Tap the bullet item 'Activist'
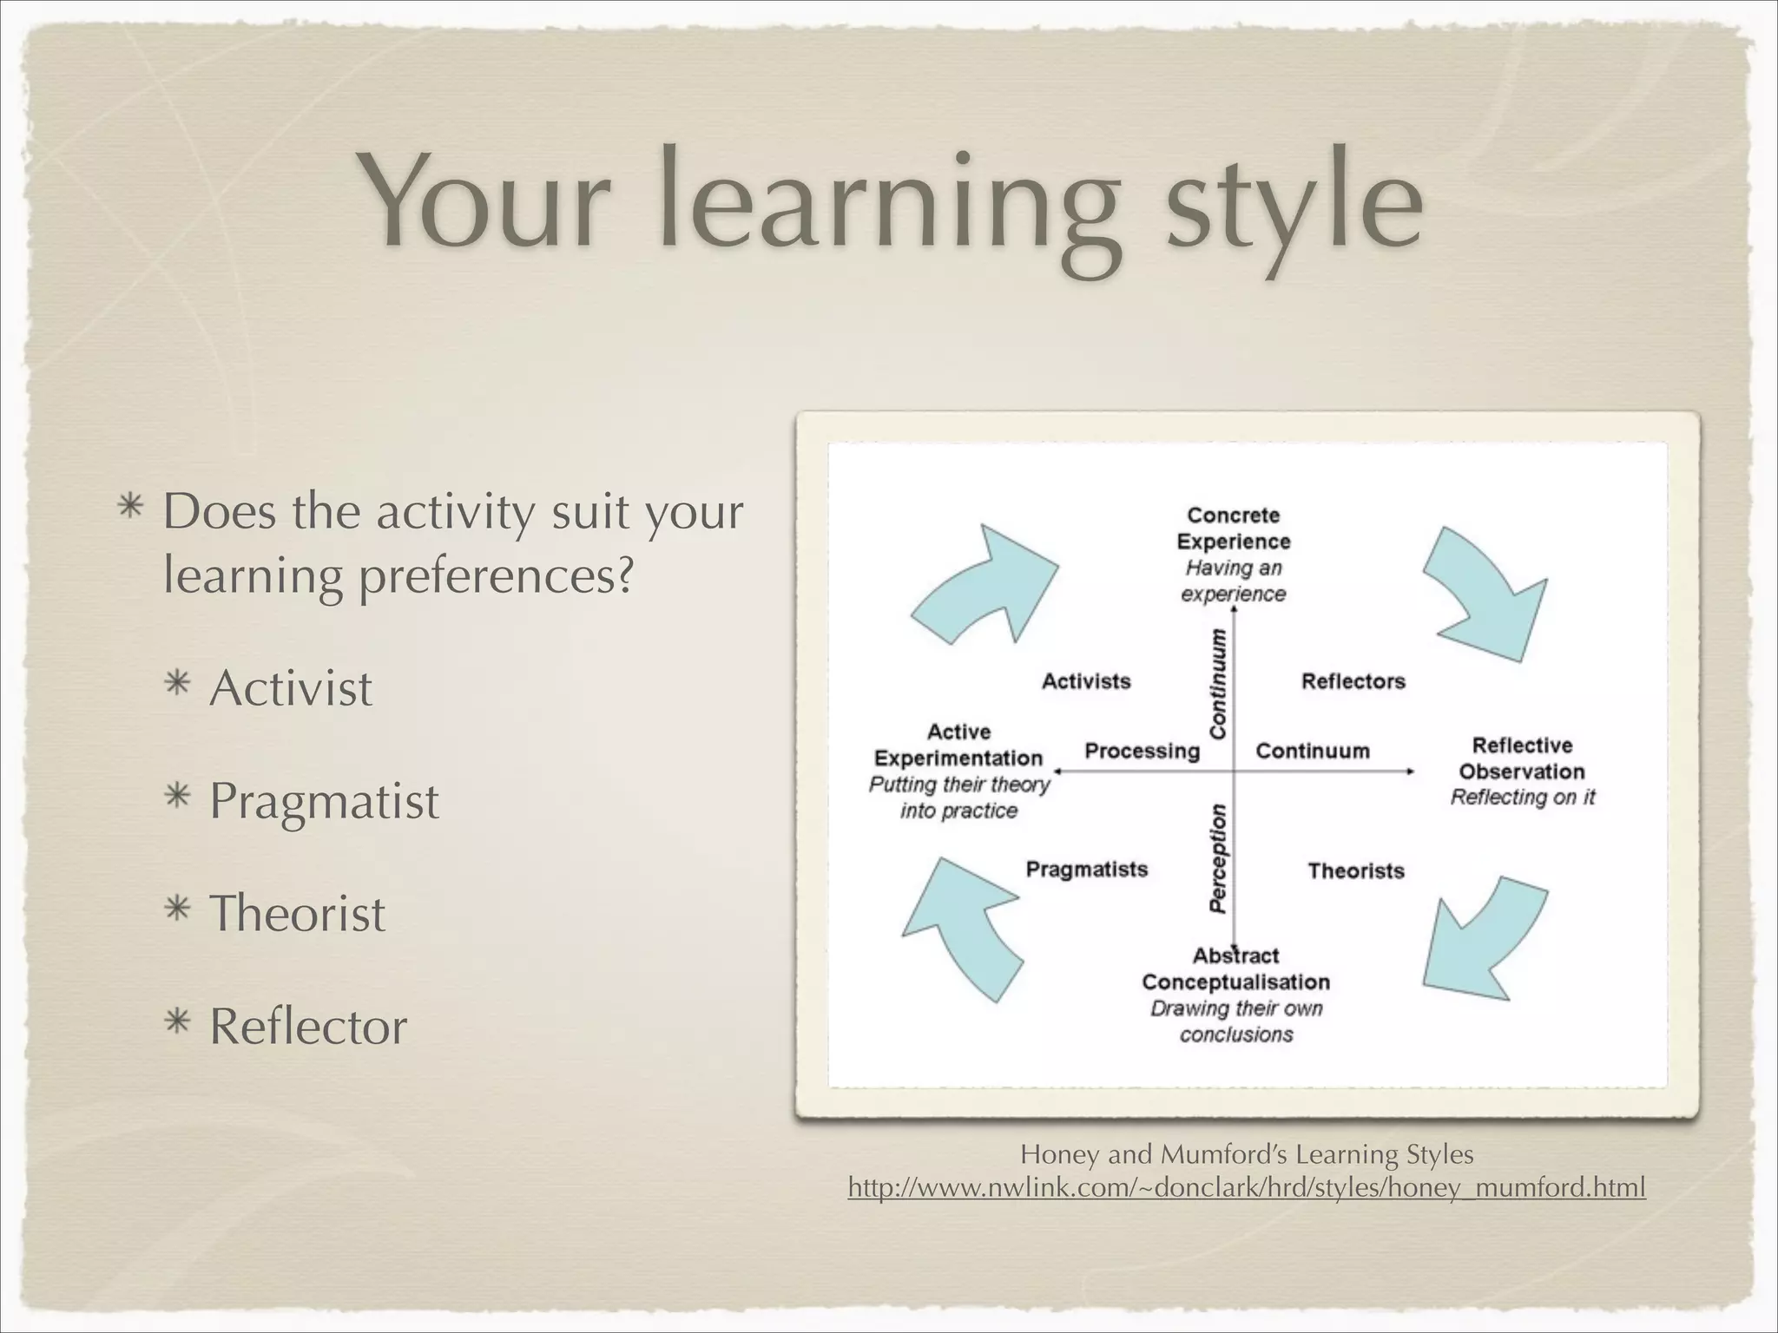pyautogui.click(x=290, y=688)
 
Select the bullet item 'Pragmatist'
pyautogui.click(x=323, y=800)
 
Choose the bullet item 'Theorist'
pyautogui.click(x=297, y=913)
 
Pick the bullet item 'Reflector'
pyautogui.click(x=307, y=1026)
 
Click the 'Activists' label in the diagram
pyautogui.click(x=1086, y=681)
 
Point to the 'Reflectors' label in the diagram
pyautogui.click(x=1353, y=681)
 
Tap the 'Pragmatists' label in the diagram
pyautogui.click(x=1086, y=869)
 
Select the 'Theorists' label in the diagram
pyautogui.click(x=1355, y=870)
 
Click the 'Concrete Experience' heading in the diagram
pyautogui.click(x=1233, y=528)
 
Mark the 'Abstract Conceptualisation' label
pyautogui.click(x=1235, y=969)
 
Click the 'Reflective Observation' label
pyautogui.click(x=1522, y=758)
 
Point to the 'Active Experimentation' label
pyautogui.click(x=958, y=745)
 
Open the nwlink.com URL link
pyautogui.click(x=1246, y=1187)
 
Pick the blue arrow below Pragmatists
pyautogui.click(x=964, y=925)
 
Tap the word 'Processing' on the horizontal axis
pyautogui.click(x=1142, y=751)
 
